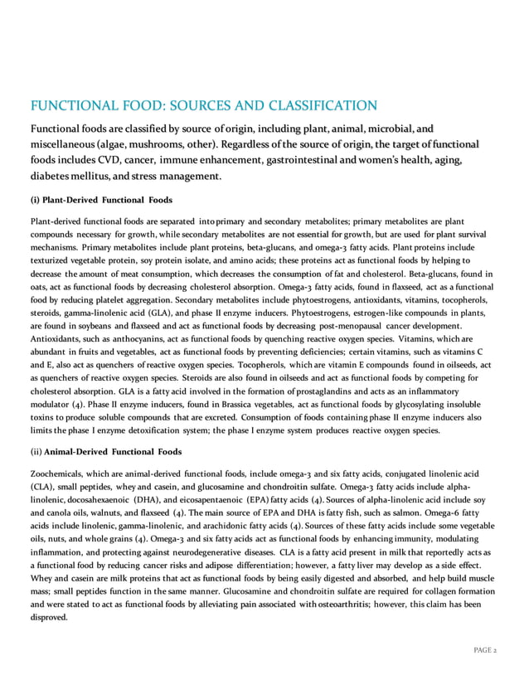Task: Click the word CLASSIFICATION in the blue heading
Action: [x=306, y=104]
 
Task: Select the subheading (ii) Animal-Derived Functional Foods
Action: [x=106, y=451]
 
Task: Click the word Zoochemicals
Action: [x=56, y=472]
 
